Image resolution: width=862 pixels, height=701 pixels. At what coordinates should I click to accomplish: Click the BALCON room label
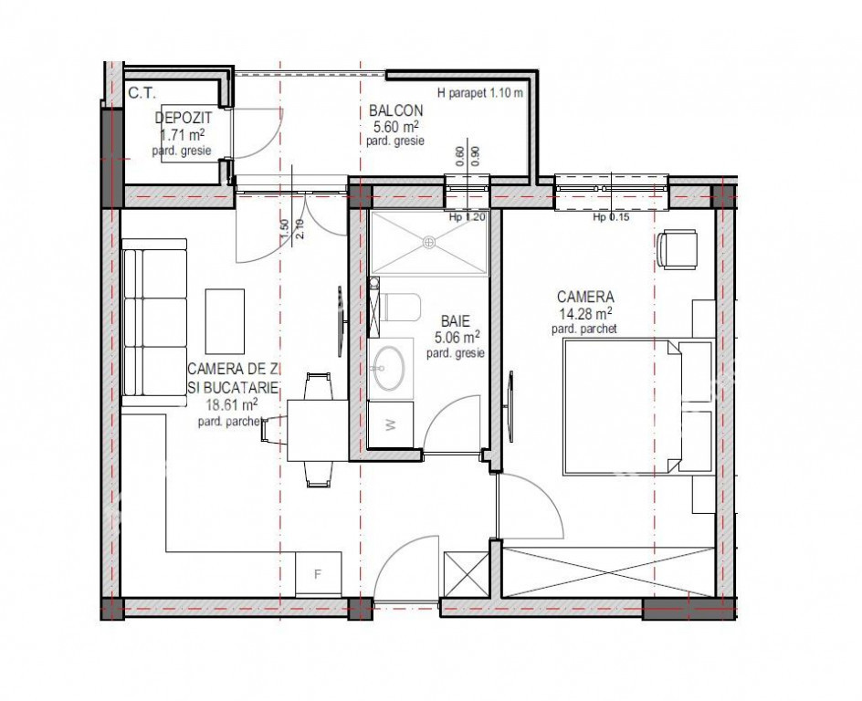coord(395,110)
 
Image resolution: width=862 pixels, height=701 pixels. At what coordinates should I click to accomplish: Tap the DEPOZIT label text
coord(183,118)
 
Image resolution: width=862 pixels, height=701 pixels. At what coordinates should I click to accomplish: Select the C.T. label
coord(142,93)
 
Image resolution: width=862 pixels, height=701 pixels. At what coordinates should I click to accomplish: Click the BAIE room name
coord(455,320)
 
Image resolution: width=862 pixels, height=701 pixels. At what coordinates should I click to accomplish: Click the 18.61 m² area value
coord(232,405)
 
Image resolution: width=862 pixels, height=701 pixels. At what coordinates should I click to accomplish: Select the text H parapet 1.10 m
coord(480,93)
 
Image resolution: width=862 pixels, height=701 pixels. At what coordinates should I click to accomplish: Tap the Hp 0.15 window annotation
coord(611,217)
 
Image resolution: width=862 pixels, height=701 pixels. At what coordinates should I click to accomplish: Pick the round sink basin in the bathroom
coord(390,369)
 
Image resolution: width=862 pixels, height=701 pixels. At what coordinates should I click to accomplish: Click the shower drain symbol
coord(429,242)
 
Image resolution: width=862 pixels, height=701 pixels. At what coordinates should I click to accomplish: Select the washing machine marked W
coord(390,424)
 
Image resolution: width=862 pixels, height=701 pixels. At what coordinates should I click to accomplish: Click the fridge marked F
coord(318,574)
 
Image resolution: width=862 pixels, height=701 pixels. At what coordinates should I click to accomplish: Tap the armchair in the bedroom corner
coord(678,249)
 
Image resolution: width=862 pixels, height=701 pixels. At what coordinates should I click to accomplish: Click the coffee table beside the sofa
coord(225,321)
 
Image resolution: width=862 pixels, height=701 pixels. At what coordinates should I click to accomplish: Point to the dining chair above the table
coord(319,386)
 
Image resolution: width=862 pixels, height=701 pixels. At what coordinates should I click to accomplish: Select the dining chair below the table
coord(319,474)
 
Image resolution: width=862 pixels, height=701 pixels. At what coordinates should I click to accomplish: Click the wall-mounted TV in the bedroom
coord(510,406)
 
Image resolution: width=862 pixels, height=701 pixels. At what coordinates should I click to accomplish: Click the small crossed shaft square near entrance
coord(467,574)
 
